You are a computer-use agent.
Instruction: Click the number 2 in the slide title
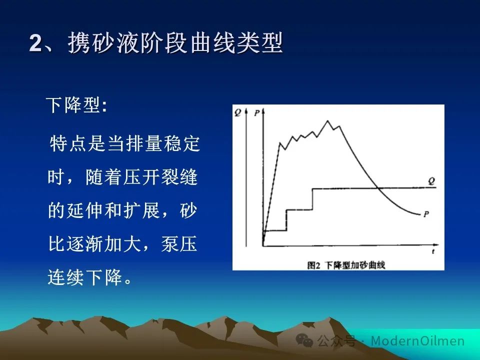coord(35,43)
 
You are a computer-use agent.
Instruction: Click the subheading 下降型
coord(73,105)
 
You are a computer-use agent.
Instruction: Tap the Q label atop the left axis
coord(238,113)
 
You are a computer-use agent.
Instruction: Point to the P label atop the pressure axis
coord(256,113)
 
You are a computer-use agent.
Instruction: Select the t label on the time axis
coord(433,251)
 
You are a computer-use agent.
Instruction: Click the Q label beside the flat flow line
coord(431,181)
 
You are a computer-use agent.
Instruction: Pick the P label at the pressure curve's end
coord(426,214)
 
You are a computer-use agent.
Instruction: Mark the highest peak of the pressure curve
coord(327,121)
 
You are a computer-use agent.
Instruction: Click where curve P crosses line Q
coord(378,187)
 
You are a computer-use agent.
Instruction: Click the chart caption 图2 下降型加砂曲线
coord(346,265)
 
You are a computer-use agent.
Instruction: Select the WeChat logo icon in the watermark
coord(304,340)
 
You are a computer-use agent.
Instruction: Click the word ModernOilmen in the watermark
coord(417,340)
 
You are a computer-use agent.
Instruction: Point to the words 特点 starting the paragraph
coord(68,143)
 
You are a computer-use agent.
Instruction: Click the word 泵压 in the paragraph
coord(179,244)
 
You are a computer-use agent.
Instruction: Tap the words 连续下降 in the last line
coord(85,277)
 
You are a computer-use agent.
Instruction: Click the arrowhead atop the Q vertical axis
coord(246,111)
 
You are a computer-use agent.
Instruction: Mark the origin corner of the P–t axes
coord(263,245)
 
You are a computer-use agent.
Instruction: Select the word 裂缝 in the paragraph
coord(179,177)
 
